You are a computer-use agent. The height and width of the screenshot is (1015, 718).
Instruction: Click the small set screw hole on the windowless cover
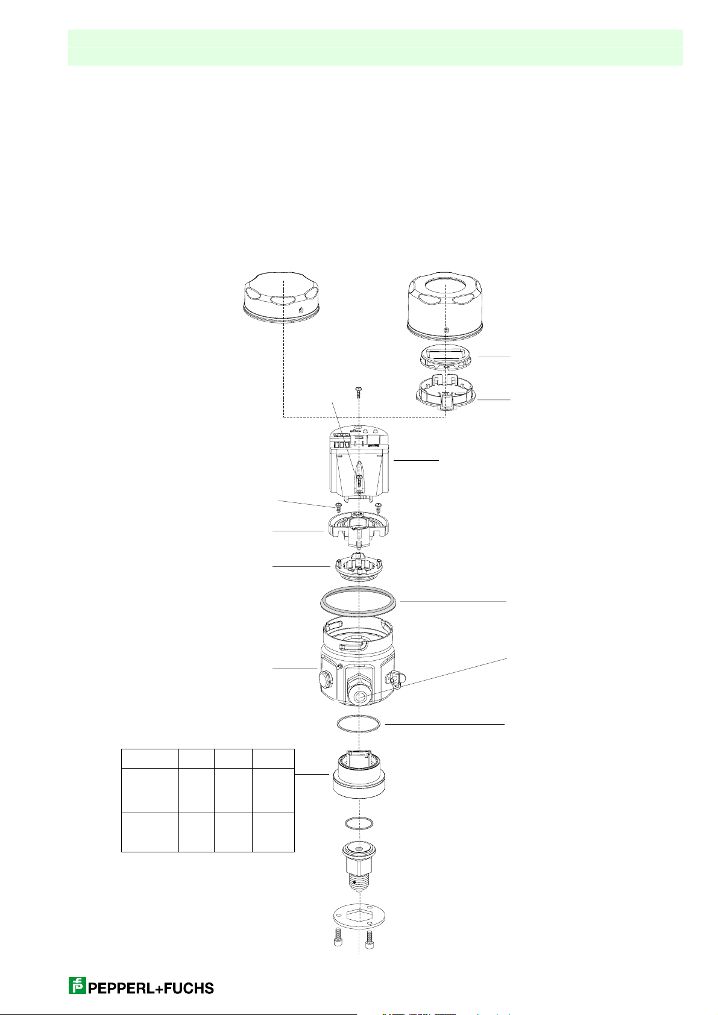coord(300,310)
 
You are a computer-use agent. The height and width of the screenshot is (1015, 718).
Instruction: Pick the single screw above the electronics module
coord(358,390)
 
